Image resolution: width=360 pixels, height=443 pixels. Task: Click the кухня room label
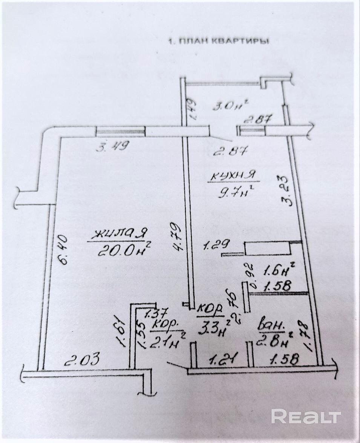point(232,176)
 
